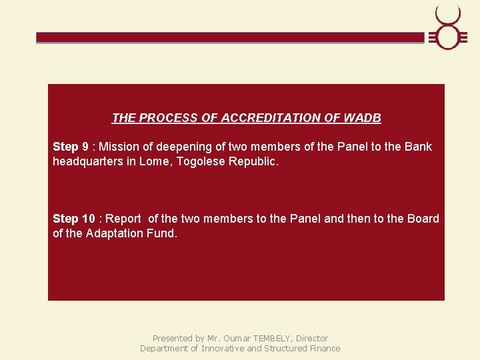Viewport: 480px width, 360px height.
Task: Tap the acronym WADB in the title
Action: coord(363,118)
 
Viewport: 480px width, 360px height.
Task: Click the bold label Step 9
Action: coord(71,147)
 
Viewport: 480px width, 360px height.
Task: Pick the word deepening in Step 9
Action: coord(179,147)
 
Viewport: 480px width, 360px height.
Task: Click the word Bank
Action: coord(418,147)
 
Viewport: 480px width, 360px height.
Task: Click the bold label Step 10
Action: coord(74,219)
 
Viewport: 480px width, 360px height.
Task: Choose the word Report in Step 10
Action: coord(123,219)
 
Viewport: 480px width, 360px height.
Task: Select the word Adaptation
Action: coord(114,233)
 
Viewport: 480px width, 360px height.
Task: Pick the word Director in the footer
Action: coord(312,338)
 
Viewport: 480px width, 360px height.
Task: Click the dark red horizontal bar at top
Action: coord(230,38)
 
